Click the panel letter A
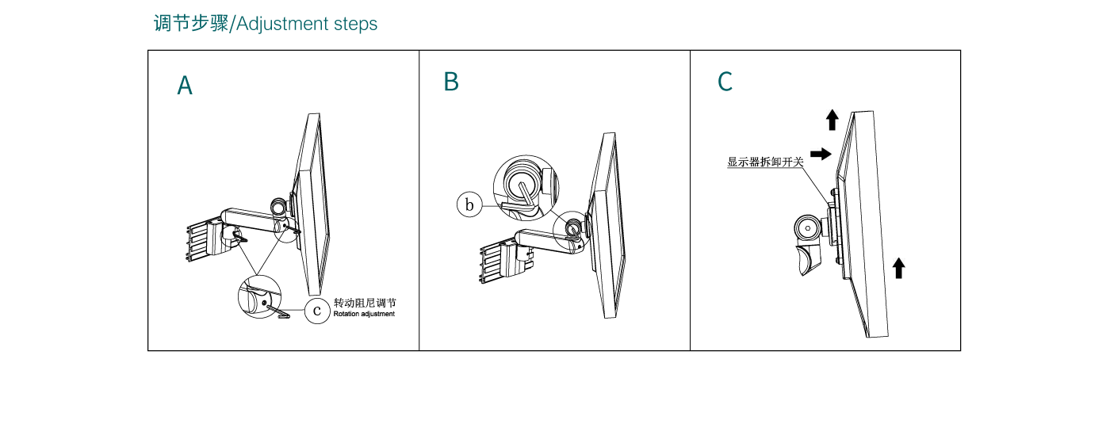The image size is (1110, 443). (x=185, y=86)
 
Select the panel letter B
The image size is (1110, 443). (x=451, y=82)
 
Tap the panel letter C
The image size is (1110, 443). (x=725, y=82)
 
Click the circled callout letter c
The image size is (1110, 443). (x=317, y=310)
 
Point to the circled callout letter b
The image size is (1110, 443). (x=469, y=205)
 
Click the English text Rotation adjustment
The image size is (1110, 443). (x=364, y=315)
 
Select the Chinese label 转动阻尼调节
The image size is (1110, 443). (x=365, y=303)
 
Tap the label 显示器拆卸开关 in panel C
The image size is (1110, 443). (x=765, y=162)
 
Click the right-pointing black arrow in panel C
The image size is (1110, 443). (x=821, y=154)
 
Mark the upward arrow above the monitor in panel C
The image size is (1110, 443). (x=832, y=120)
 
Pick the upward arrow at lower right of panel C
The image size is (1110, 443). (x=898, y=268)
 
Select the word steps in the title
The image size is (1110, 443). (x=355, y=24)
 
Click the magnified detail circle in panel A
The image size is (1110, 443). (x=259, y=298)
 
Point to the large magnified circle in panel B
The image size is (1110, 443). (x=524, y=186)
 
